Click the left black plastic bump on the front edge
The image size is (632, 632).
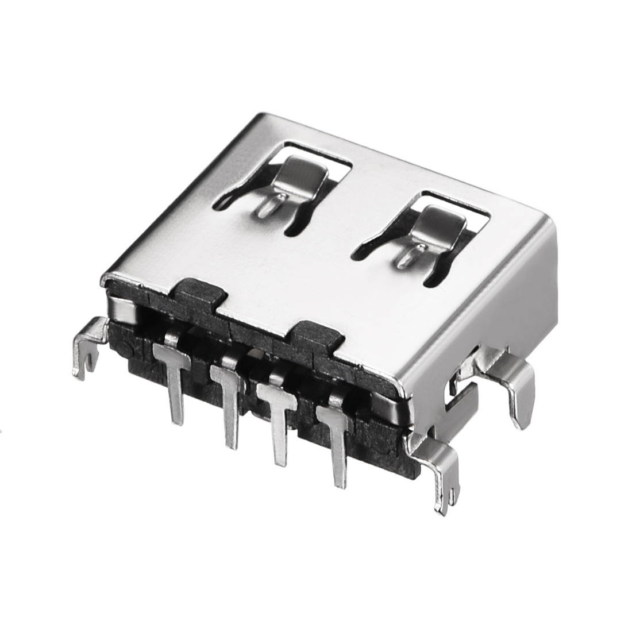(x=198, y=290)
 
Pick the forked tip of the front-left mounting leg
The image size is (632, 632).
(x=86, y=365)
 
